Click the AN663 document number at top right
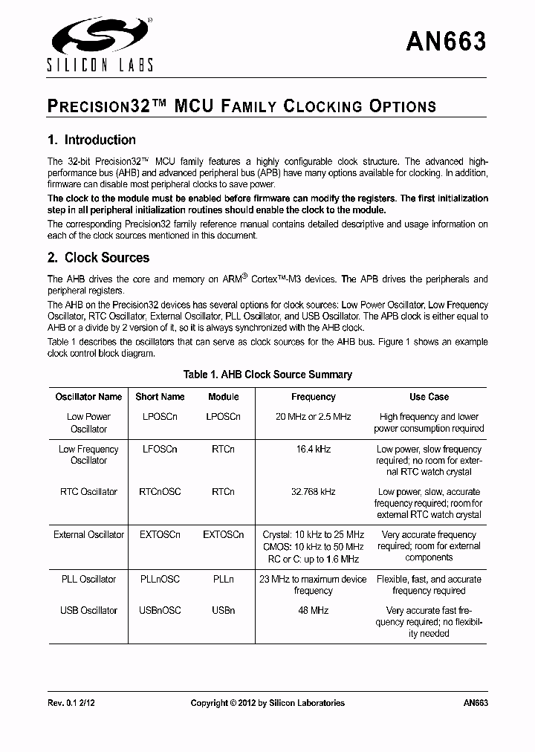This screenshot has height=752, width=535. pyautogui.click(x=446, y=42)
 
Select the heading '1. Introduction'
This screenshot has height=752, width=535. pyautogui.click(x=91, y=140)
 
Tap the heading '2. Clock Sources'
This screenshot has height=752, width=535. pyautogui.click(x=98, y=258)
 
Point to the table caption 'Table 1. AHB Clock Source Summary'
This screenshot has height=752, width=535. pyautogui.click(x=267, y=375)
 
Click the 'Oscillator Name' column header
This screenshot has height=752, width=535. pyautogui.click(x=88, y=397)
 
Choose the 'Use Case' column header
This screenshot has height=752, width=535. pyautogui.click(x=429, y=397)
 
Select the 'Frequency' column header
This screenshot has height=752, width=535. pyautogui.click(x=313, y=397)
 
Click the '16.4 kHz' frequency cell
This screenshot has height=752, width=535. pyautogui.click(x=313, y=450)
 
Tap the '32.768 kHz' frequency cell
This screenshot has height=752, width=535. pyautogui.click(x=313, y=492)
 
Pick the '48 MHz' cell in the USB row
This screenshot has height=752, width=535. pyautogui.click(x=313, y=611)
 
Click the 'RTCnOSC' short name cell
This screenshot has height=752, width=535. pyautogui.click(x=160, y=492)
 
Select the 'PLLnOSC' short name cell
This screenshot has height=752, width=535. pyautogui.click(x=160, y=580)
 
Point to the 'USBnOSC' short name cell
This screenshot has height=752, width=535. pyautogui.click(x=160, y=611)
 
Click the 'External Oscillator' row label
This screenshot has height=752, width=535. pyautogui.click(x=88, y=535)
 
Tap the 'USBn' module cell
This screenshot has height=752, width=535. pyautogui.click(x=223, y=611)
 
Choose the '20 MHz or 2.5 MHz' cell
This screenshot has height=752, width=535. pyautogui.click(x=313, y=417)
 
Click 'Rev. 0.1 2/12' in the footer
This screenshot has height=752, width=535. pyautogui.click(x=72, y=703)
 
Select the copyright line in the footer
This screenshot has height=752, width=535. pyautogui.click(x=267, y=703)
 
